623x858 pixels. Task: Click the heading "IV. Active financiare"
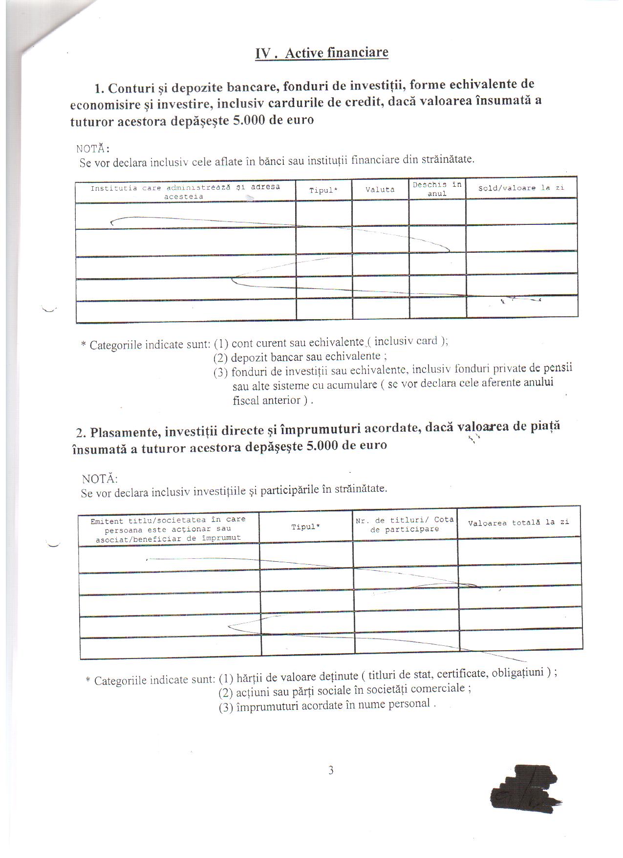322,53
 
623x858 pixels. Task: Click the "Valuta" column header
380,190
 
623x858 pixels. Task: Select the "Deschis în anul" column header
437,189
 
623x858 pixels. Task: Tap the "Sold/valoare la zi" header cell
521,188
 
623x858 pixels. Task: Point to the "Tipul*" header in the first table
323,190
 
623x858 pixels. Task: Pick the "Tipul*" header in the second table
305,527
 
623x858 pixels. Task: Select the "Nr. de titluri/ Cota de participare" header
405,525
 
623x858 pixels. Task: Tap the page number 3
331,770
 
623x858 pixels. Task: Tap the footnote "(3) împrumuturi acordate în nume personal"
326,705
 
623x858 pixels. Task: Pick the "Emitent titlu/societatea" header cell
168,528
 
